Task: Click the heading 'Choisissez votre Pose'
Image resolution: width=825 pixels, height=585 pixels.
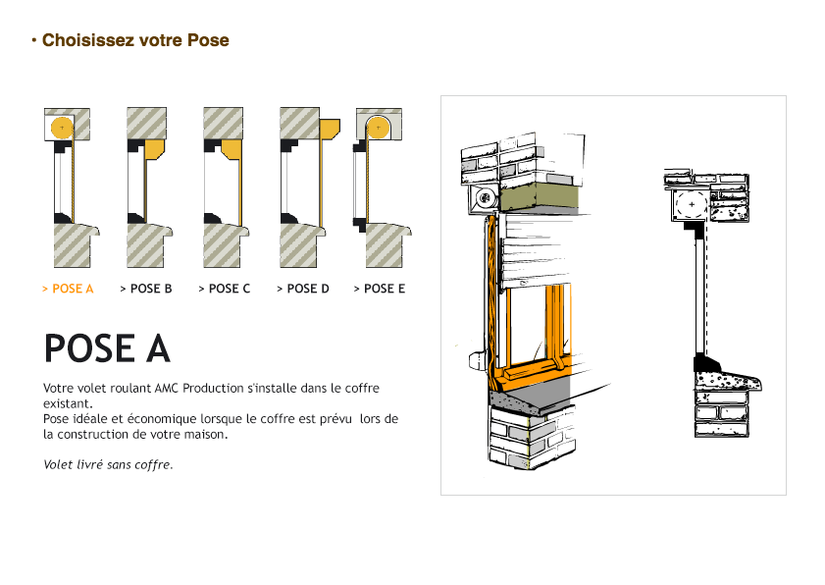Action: pos(135,41)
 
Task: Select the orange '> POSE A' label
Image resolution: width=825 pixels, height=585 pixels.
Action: pos(68,289)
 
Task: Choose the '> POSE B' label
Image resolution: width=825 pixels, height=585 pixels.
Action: pos(145,289)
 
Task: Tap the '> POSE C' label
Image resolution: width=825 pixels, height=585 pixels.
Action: pos(224,289)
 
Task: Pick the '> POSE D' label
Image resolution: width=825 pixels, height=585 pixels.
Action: pos(302,289)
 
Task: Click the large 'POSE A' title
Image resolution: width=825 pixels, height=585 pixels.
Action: pos(107,348)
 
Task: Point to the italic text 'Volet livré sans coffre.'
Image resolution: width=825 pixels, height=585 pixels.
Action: pos(108,464)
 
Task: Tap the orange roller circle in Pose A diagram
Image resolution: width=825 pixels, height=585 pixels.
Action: pos(62,127)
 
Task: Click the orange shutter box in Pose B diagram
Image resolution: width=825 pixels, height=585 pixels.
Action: pos(154,150)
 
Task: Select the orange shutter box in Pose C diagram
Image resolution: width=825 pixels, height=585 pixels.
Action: pos(231,149)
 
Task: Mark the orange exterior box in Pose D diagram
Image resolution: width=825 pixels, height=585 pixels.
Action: pos(330,129)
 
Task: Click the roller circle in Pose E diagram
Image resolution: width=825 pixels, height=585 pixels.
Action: pos(379,126)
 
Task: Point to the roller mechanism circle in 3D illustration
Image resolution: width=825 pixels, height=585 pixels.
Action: pos(484,197)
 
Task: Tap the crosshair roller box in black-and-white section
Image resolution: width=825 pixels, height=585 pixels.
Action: pos(692,205)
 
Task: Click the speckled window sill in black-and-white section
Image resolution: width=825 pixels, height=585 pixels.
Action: pos(725,380)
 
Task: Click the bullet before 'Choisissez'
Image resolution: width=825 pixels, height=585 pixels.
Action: pos(34,41)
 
